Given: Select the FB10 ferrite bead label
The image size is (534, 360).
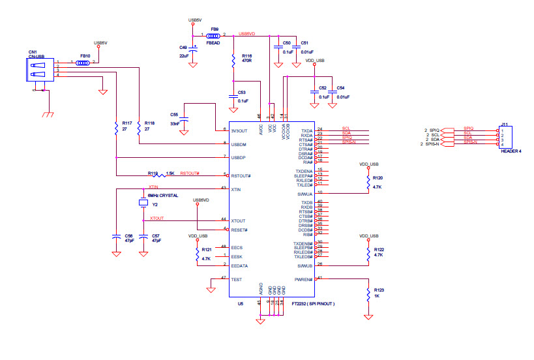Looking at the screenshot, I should point(85,56).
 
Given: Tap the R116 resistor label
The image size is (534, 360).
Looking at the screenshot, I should point(246,56).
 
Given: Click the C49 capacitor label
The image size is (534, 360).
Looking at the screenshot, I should point(183,48).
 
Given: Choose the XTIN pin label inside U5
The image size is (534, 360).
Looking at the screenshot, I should point(236,189).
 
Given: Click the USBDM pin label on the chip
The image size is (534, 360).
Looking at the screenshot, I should point(239,143).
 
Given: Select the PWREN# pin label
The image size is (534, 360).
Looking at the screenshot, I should point(304,279).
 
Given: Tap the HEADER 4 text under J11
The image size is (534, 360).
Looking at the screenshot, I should point(511,151).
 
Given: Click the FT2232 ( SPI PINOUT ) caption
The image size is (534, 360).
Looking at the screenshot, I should point(313,304).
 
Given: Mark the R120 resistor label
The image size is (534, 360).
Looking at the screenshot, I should point(378,178).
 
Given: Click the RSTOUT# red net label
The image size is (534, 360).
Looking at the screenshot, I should point(190,173).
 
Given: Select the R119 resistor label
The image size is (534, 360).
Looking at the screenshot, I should point(153,173).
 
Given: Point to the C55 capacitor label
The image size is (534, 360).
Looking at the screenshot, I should point(173,114).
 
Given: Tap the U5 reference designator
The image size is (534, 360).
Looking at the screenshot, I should point(241,304).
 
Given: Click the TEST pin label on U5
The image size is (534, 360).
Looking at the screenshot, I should point(236,279).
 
